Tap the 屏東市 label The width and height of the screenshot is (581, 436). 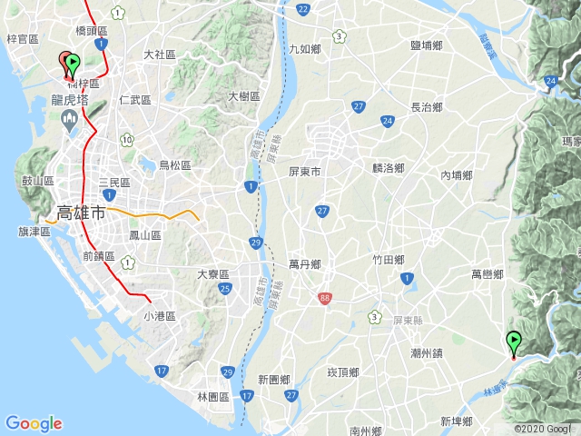[305, 171]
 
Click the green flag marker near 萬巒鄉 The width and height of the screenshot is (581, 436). [514, 342]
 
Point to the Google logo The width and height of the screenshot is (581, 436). [34, 423]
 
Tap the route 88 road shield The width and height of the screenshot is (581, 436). [325, 297]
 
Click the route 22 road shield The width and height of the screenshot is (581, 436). [302, 9]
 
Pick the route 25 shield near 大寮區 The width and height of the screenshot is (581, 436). [224, 289]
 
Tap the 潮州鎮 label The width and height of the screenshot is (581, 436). [426, 352]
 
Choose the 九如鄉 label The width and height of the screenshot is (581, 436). [304, 49]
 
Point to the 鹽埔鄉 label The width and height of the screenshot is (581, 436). [427, 45]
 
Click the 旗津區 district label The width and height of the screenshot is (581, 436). [34, 233]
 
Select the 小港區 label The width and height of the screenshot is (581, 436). [159, 316]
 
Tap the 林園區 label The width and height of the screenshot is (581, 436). [214, 397]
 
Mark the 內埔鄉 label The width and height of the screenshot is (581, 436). [457, 174]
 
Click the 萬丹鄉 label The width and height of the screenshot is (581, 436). [305, 264]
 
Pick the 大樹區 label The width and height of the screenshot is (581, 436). [244, 96]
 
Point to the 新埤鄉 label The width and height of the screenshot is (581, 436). [457, 421]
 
